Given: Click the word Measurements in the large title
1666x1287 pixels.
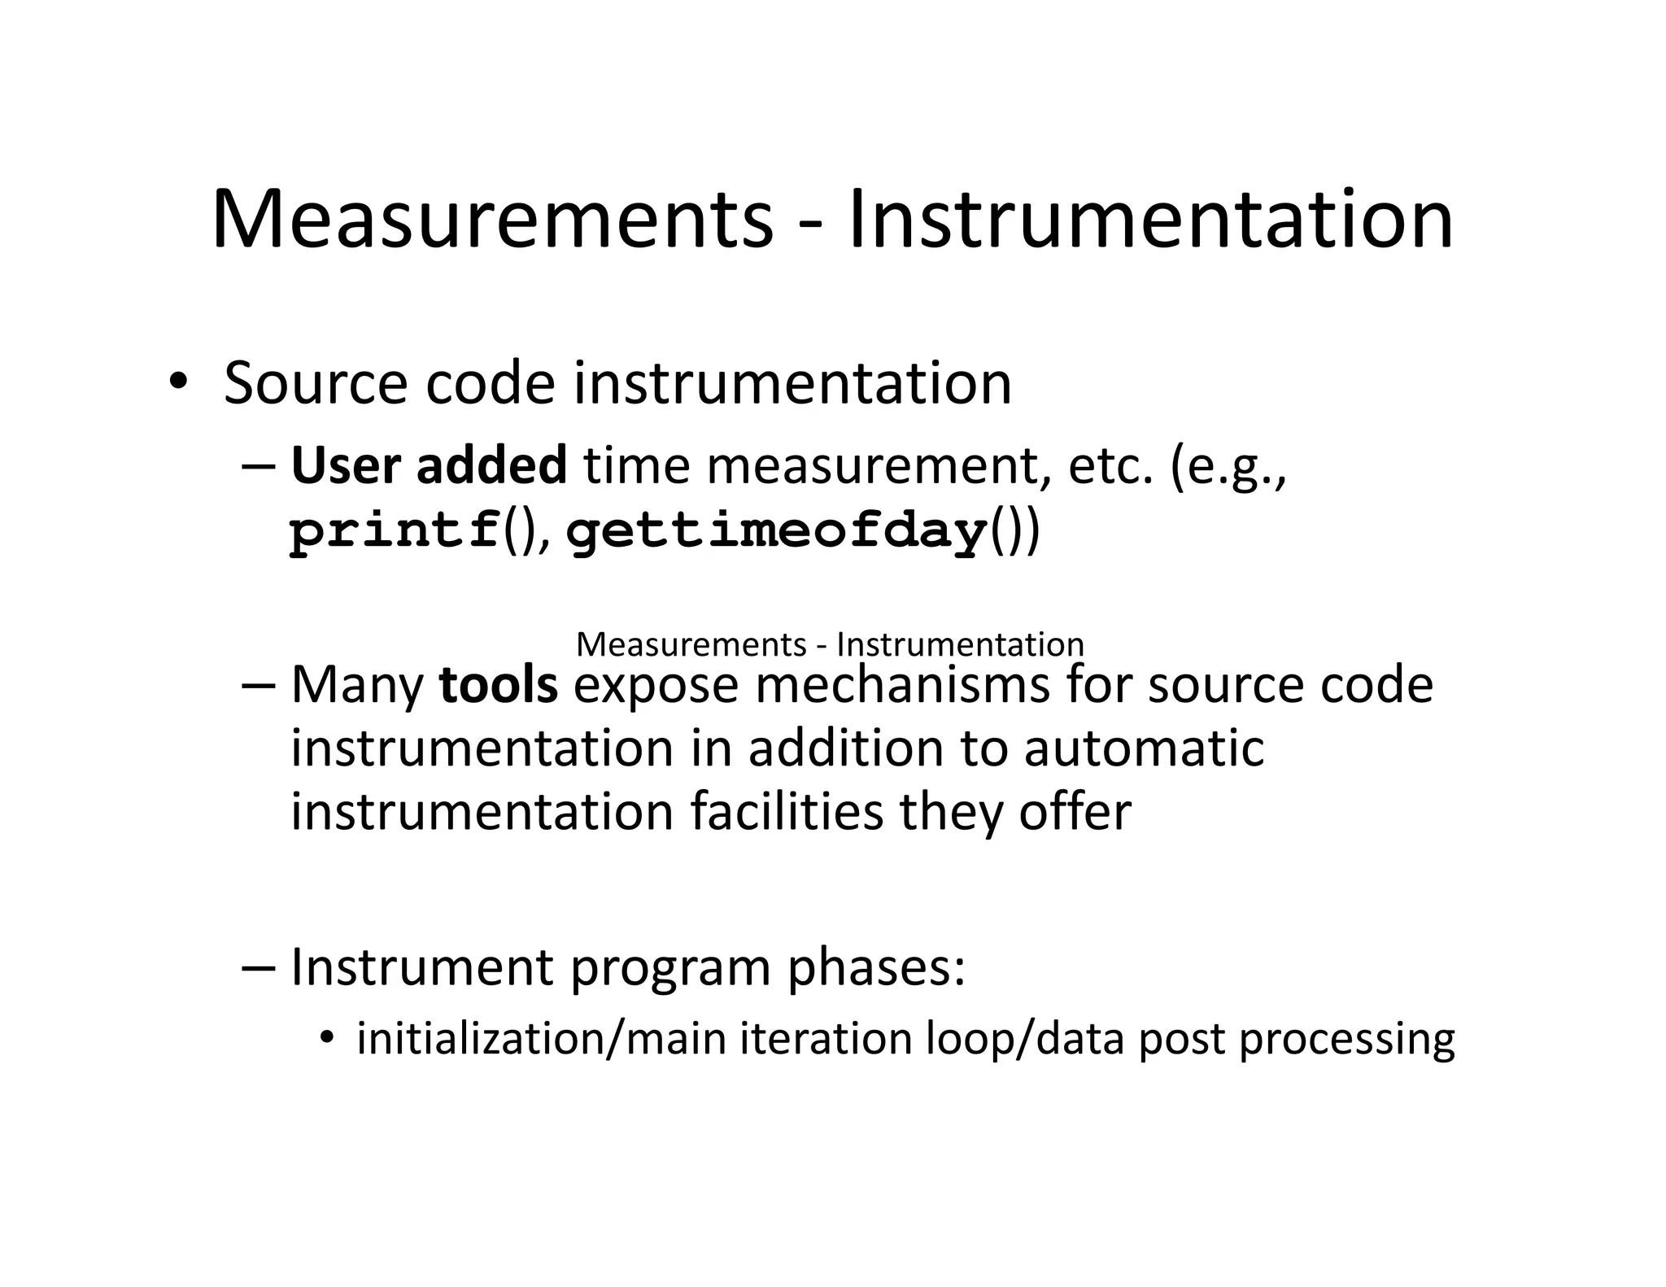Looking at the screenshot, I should tap(492, 220).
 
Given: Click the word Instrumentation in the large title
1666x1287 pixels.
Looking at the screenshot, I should tap(1150, 220).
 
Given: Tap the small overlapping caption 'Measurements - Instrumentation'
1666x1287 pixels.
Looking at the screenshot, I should tap(830, 644).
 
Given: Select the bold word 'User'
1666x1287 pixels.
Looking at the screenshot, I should tap(346, 466).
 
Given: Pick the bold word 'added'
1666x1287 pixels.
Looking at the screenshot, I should tap(491, 466).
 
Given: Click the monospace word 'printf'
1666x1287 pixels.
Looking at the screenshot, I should tap(395, 532).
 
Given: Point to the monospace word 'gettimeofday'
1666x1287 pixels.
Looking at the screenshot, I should tap(777, 534).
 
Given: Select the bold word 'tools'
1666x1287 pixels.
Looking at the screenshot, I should tap(498, 685).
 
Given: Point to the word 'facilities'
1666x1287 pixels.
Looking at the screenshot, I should tap(787, 811).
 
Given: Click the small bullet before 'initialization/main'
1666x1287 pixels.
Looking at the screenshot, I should tap(327, 1037).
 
